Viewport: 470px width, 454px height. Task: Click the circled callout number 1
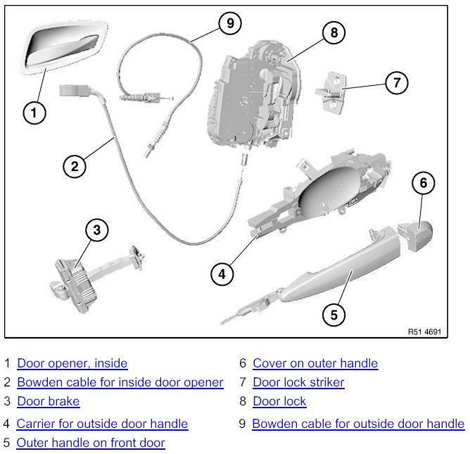point(34,111)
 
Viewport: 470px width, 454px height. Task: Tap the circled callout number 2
point(75,166)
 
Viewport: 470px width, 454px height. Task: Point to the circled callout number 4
point(222,274)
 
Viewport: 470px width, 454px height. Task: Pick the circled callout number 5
point(334,314)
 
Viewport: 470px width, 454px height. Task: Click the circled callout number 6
point(423,184)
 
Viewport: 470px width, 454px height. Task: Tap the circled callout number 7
point(397,83)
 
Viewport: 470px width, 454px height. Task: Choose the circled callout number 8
point(334,32)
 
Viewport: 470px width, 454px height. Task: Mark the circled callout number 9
point(229,23)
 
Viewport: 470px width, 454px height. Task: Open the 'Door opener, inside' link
point(72,364)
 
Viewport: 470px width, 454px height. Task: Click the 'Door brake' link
point(48,402)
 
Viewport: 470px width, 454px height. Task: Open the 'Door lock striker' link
point(298,383)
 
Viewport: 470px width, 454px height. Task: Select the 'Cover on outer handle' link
point(315,364)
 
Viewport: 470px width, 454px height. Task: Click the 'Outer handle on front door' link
point(90,443)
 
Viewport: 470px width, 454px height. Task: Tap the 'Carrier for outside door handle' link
point(102,424)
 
